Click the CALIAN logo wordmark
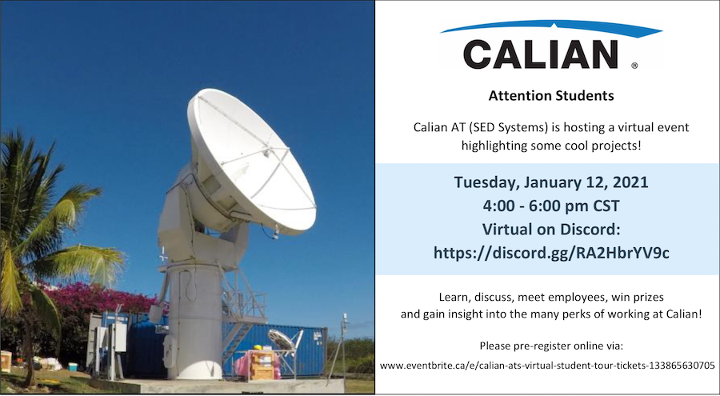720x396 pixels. click(x=540, y=54)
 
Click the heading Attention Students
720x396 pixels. click(x=551, y=96)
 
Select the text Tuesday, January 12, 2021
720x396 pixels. click(x=550, y=182)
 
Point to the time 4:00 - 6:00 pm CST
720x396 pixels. click(x=550, y=206)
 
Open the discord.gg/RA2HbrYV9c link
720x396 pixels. click(x=550, y=252)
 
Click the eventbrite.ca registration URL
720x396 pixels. click(x=547, y=365)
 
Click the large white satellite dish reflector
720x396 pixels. click(x=248, y=160)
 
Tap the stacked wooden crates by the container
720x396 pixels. click(x=262, y=366)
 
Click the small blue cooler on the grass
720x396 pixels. click(x=73, y=366)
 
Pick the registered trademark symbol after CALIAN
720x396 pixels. click(x=634, y=66)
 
